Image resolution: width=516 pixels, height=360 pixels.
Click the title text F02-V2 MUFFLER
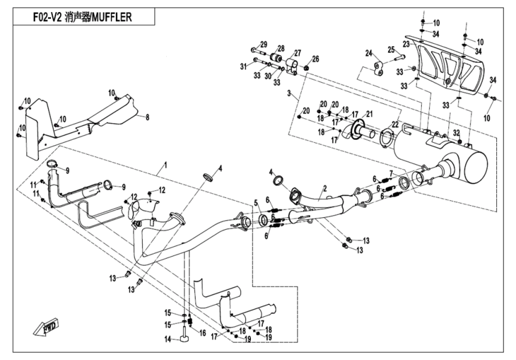coord(82,17)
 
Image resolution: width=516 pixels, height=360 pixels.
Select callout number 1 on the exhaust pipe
coord(166,163)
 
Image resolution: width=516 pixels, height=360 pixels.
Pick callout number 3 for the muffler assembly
coord(289,94)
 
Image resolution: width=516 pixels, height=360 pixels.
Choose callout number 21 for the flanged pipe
coord(370,114)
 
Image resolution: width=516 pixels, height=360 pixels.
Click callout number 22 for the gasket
coord(394,124)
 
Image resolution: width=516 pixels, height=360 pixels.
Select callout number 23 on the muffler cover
coord(406,44)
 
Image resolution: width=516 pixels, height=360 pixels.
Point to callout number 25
coord(391,49)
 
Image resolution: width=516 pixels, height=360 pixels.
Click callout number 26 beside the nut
coord(316,59)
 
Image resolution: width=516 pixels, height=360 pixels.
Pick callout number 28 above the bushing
coord(280,48)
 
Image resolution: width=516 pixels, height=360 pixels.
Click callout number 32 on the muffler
coord(456,133)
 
